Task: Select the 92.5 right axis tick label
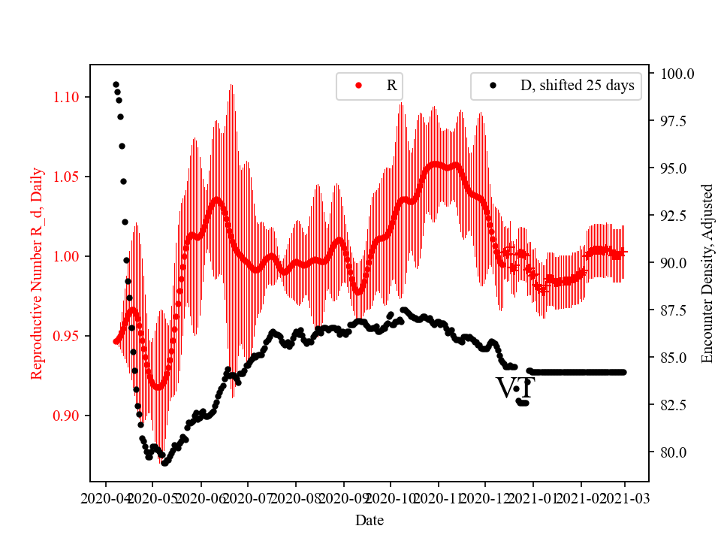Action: click(677, 216)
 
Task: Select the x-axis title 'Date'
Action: click(370, 519)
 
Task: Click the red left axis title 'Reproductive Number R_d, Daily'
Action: click(36, 273)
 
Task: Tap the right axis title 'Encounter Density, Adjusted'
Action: click(707, 273)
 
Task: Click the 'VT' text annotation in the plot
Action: click(515, 388)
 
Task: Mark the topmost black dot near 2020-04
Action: click(116, 84)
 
